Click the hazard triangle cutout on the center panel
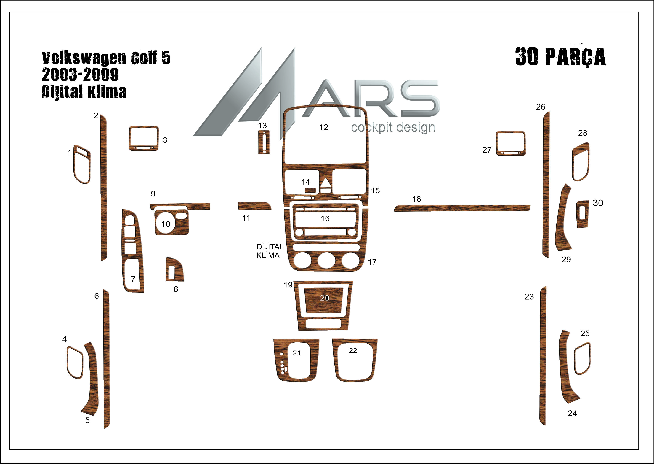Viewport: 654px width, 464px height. point(326,183)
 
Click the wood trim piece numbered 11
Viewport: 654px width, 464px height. point(254,206)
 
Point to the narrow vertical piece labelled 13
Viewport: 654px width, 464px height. point(264,142)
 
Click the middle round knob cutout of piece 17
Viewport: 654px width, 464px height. point(326,260)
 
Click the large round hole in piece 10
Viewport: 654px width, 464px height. point(166,223)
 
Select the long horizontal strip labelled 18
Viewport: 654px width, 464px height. point(462,208)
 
